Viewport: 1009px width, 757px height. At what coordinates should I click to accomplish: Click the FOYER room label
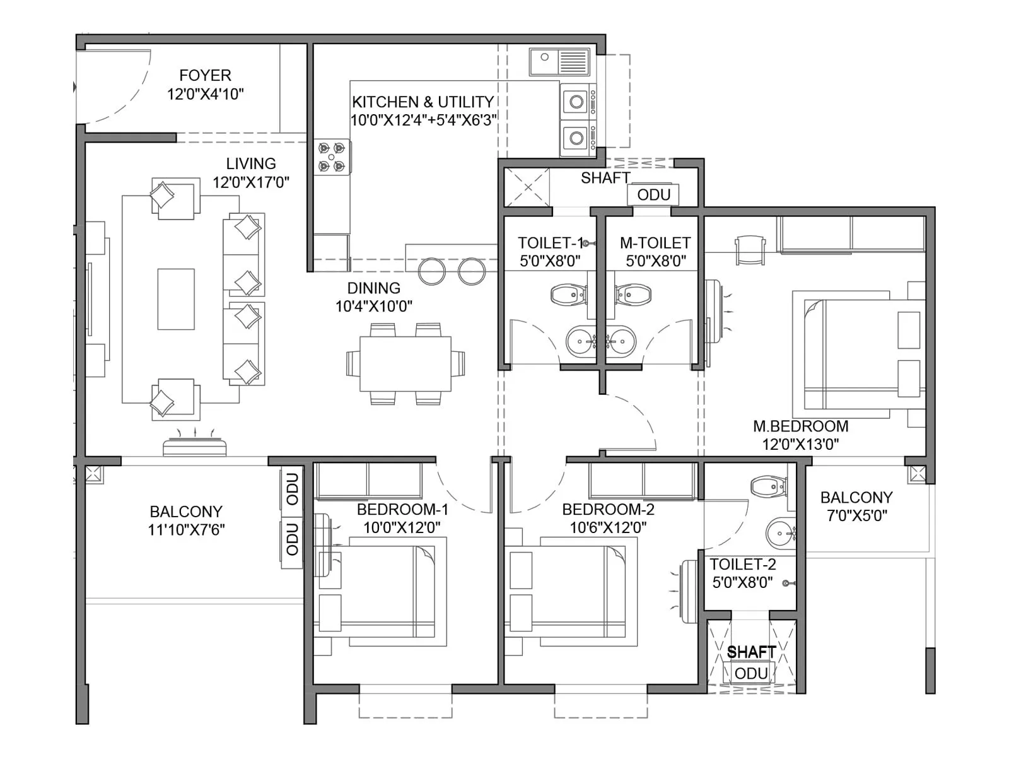coord(205,76)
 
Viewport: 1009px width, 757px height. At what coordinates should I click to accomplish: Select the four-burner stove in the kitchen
coord(332,157)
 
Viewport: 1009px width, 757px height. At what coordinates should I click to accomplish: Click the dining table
coord(405,364)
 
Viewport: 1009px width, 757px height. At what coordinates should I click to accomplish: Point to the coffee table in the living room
coord(176,299)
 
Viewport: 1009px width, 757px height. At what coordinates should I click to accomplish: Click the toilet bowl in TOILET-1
coord(568,295)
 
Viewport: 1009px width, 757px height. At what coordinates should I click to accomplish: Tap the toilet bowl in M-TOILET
coord(634,295)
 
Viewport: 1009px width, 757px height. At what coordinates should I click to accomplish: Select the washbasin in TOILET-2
coord(780,534)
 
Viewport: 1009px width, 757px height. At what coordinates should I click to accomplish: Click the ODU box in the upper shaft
coord(653,195)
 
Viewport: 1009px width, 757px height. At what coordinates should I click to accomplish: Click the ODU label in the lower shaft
coord(751,674)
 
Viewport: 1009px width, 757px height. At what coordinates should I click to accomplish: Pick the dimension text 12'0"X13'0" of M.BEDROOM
coord(800,444)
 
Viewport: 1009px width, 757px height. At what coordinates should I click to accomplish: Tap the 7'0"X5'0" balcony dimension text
coord(856,515)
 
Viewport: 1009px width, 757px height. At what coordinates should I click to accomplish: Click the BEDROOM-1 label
coord(402,510)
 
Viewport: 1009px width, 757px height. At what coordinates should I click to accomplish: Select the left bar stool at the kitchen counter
coord(432,271)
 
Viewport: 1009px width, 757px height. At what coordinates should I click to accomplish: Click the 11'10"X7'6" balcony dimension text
coord(186,530)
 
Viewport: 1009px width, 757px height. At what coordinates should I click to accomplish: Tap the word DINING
coord(374,288)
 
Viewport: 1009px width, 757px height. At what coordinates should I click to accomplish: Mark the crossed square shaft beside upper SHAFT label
coord(527,187)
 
